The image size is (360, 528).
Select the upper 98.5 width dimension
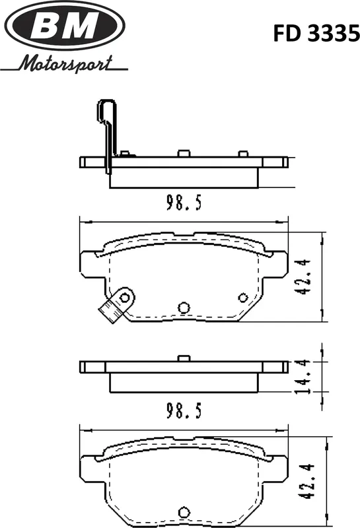(x=184, y=203)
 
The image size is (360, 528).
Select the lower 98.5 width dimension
(x=184, y=411)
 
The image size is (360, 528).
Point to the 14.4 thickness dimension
(x=301, y=376)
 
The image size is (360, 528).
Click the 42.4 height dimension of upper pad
(x=303, y=277)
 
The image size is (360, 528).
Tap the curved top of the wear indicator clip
(x=106, y=101)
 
